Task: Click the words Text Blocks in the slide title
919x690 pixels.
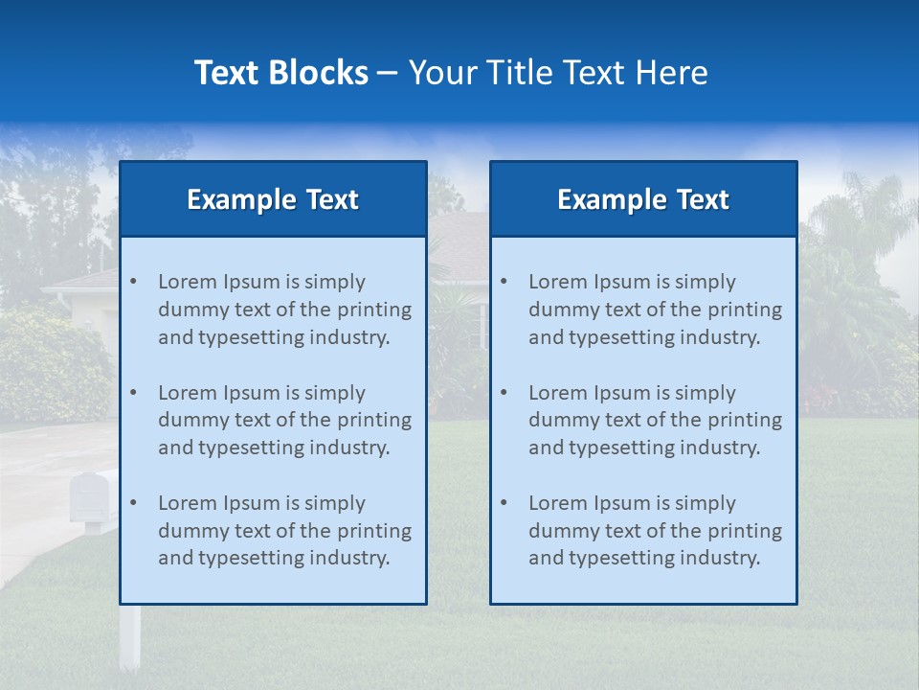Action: pos(280,73)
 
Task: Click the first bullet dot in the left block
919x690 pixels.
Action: pos(133,282)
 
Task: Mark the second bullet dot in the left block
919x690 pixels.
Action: pos(133,393)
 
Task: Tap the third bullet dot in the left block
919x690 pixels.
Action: pos(133,503)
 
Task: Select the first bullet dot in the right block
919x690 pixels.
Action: pos(504,282)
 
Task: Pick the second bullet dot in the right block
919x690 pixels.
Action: pos(504,393)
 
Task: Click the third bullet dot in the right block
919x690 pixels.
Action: pos(504,503)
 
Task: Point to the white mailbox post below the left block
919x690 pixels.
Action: pos(129,636)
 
